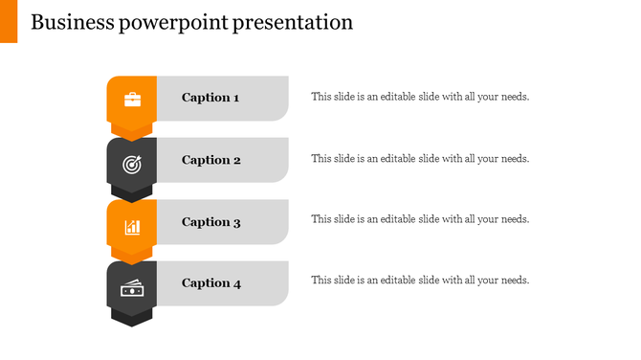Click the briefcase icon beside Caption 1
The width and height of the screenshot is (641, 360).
132,99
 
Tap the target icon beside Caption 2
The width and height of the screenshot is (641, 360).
132,164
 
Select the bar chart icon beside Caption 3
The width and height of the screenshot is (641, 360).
132,227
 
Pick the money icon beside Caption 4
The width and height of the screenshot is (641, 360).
132,288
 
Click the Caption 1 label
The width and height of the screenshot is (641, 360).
210,98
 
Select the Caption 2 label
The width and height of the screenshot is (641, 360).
210,160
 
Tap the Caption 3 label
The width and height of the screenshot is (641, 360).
210,222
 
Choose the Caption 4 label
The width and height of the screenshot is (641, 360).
210,283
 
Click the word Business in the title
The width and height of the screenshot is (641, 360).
73,22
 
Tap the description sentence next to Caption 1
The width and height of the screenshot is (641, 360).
420,97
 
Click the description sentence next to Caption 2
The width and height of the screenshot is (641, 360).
420,159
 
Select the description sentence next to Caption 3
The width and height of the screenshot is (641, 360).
420,219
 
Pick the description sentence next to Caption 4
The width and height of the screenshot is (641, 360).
420,281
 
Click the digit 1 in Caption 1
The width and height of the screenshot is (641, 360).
236,98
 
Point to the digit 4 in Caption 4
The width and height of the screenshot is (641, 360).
236,283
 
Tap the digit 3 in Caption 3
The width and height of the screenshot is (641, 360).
236,222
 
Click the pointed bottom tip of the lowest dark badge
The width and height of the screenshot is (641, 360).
132,325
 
